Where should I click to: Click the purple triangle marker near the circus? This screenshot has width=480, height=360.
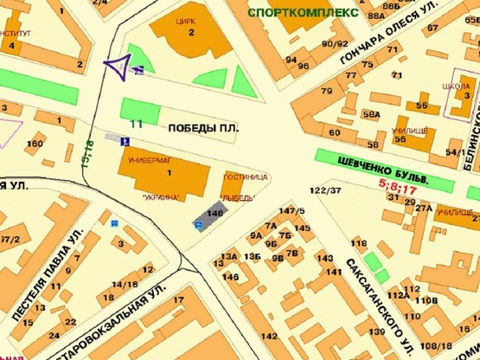(117, 64)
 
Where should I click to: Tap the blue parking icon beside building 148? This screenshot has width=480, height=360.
(198, 226)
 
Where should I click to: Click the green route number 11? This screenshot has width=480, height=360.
(136, 125)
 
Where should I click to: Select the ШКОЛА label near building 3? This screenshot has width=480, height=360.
(455, 87)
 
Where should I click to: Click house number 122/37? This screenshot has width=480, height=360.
(324, 190)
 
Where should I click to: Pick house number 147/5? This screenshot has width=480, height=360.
(292, 211)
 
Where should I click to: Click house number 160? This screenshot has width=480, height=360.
(35, 143)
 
